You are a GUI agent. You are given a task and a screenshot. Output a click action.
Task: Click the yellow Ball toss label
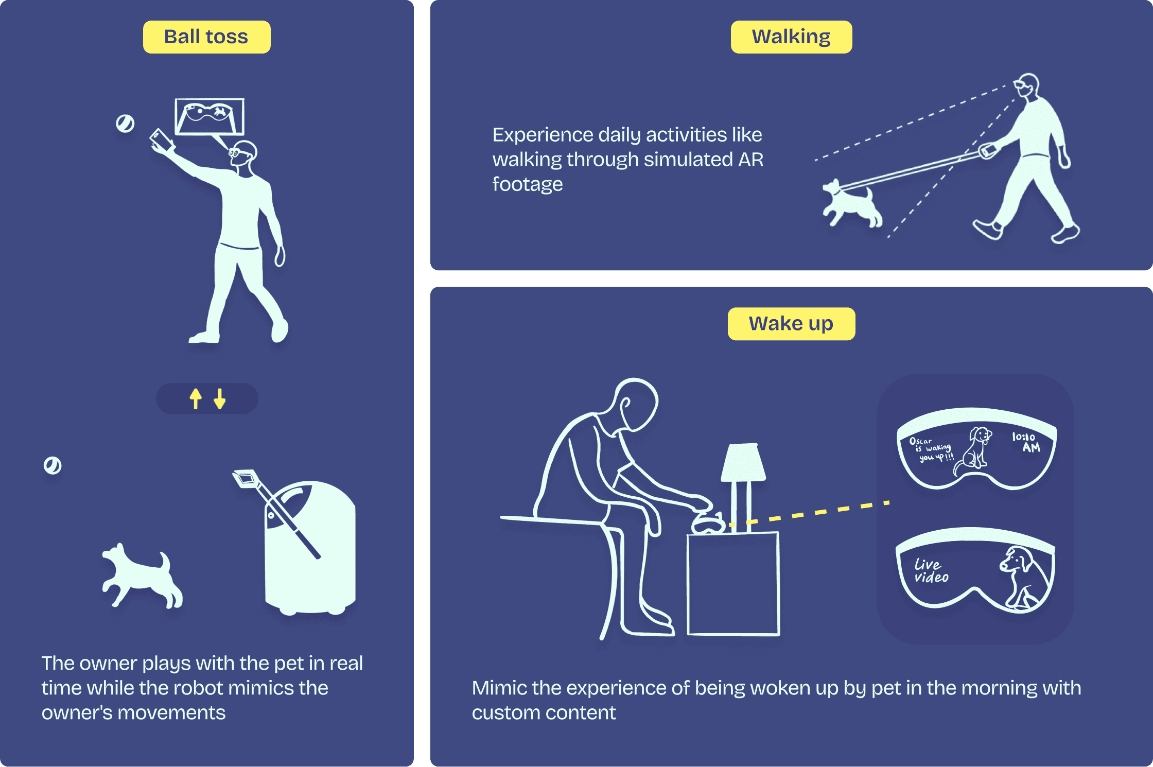coord(206,37)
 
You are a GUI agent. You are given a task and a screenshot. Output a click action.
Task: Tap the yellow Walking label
coord(791,37)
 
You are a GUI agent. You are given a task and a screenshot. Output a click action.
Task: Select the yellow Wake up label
coord(791,324)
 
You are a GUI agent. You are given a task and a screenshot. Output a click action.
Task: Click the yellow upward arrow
coord(196,398)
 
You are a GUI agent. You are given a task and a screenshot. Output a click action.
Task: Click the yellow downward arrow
coord(220,398)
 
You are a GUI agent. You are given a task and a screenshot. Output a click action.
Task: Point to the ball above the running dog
coord(53,465)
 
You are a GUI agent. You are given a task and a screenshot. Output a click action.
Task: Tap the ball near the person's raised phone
coord(125,123)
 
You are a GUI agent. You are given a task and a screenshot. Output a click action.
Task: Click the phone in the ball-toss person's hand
coord(162,140)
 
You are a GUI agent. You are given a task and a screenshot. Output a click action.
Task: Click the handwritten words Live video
coord(931,570)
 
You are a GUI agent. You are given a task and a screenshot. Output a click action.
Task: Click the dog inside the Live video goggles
coord(1023,577)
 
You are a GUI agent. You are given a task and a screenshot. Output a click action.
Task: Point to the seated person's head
coord(636,405)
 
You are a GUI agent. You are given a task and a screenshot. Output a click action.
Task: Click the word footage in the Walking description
coord(527,184)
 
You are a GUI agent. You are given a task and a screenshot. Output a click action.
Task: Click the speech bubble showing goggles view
coord(209,117)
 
